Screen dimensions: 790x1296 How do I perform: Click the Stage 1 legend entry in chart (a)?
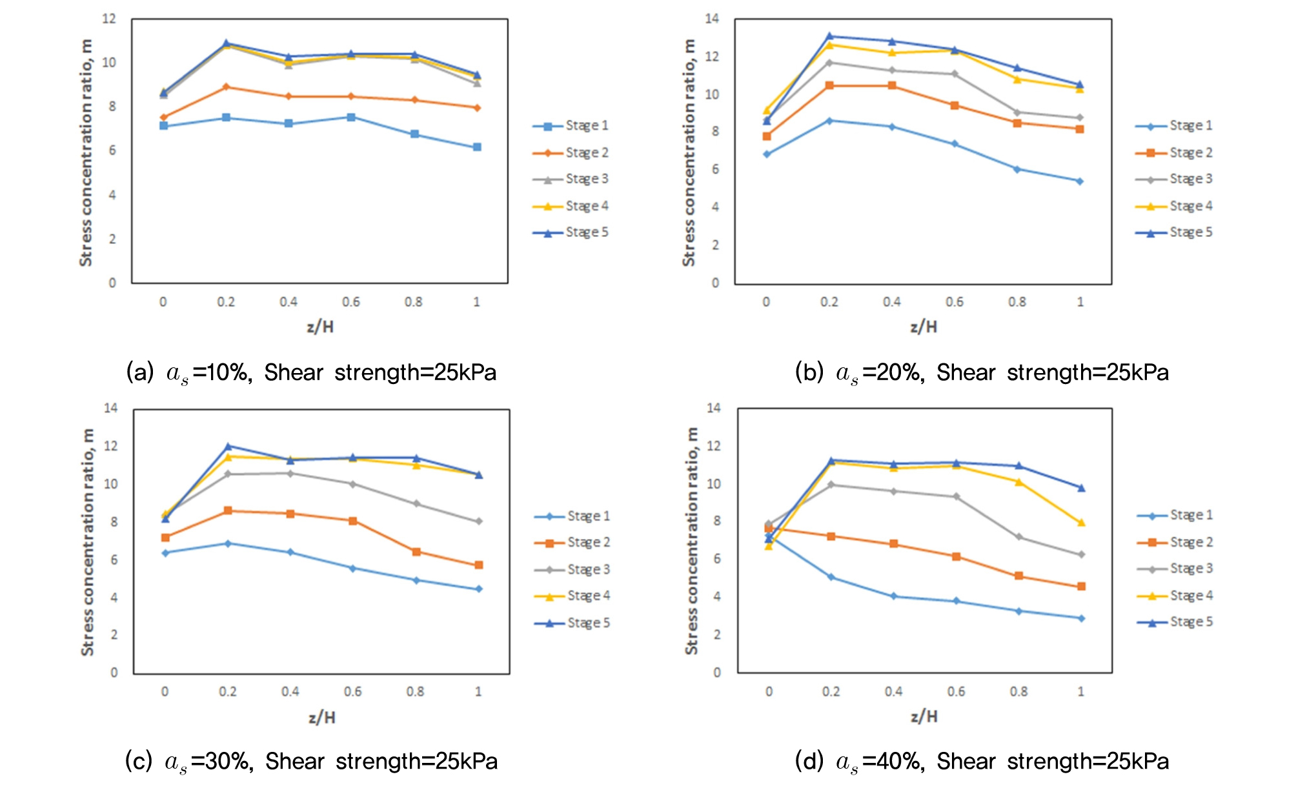[x=571, y=126]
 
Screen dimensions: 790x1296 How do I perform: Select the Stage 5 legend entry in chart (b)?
[x=1175, y=232]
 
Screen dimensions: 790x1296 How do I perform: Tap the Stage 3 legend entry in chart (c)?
[x=572, y=569]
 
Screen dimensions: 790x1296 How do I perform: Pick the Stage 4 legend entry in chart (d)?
[x=1175, y=596]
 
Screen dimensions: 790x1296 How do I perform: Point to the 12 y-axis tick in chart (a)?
[x=109, y=19]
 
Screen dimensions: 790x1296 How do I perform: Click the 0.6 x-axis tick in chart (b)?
[x=955, y=302]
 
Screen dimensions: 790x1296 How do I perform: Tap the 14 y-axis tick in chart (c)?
[x=111, y=408]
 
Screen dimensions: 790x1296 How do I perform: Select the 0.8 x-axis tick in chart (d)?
[x=1018, y=692]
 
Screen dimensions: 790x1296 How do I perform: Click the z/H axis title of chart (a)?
[x=320, y=327]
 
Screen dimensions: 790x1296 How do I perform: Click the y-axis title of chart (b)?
[x=689, y=152]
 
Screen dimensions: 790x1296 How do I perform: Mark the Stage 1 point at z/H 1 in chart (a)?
[x=477, y=147]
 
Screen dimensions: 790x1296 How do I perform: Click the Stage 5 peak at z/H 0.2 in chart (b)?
[x=829, y=36]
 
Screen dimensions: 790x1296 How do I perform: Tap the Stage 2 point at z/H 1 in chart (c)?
[x=479, y=565]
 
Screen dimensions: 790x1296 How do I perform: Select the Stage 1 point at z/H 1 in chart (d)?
[x=1081, y=618]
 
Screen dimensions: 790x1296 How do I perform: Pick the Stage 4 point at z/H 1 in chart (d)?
[x=1081, y=523]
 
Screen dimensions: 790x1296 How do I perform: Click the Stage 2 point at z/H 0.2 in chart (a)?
[x=226, y=86]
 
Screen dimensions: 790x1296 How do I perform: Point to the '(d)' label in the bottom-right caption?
[x=809, y=762]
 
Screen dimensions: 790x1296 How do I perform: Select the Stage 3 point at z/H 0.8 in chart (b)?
[x=1017, y=112]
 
